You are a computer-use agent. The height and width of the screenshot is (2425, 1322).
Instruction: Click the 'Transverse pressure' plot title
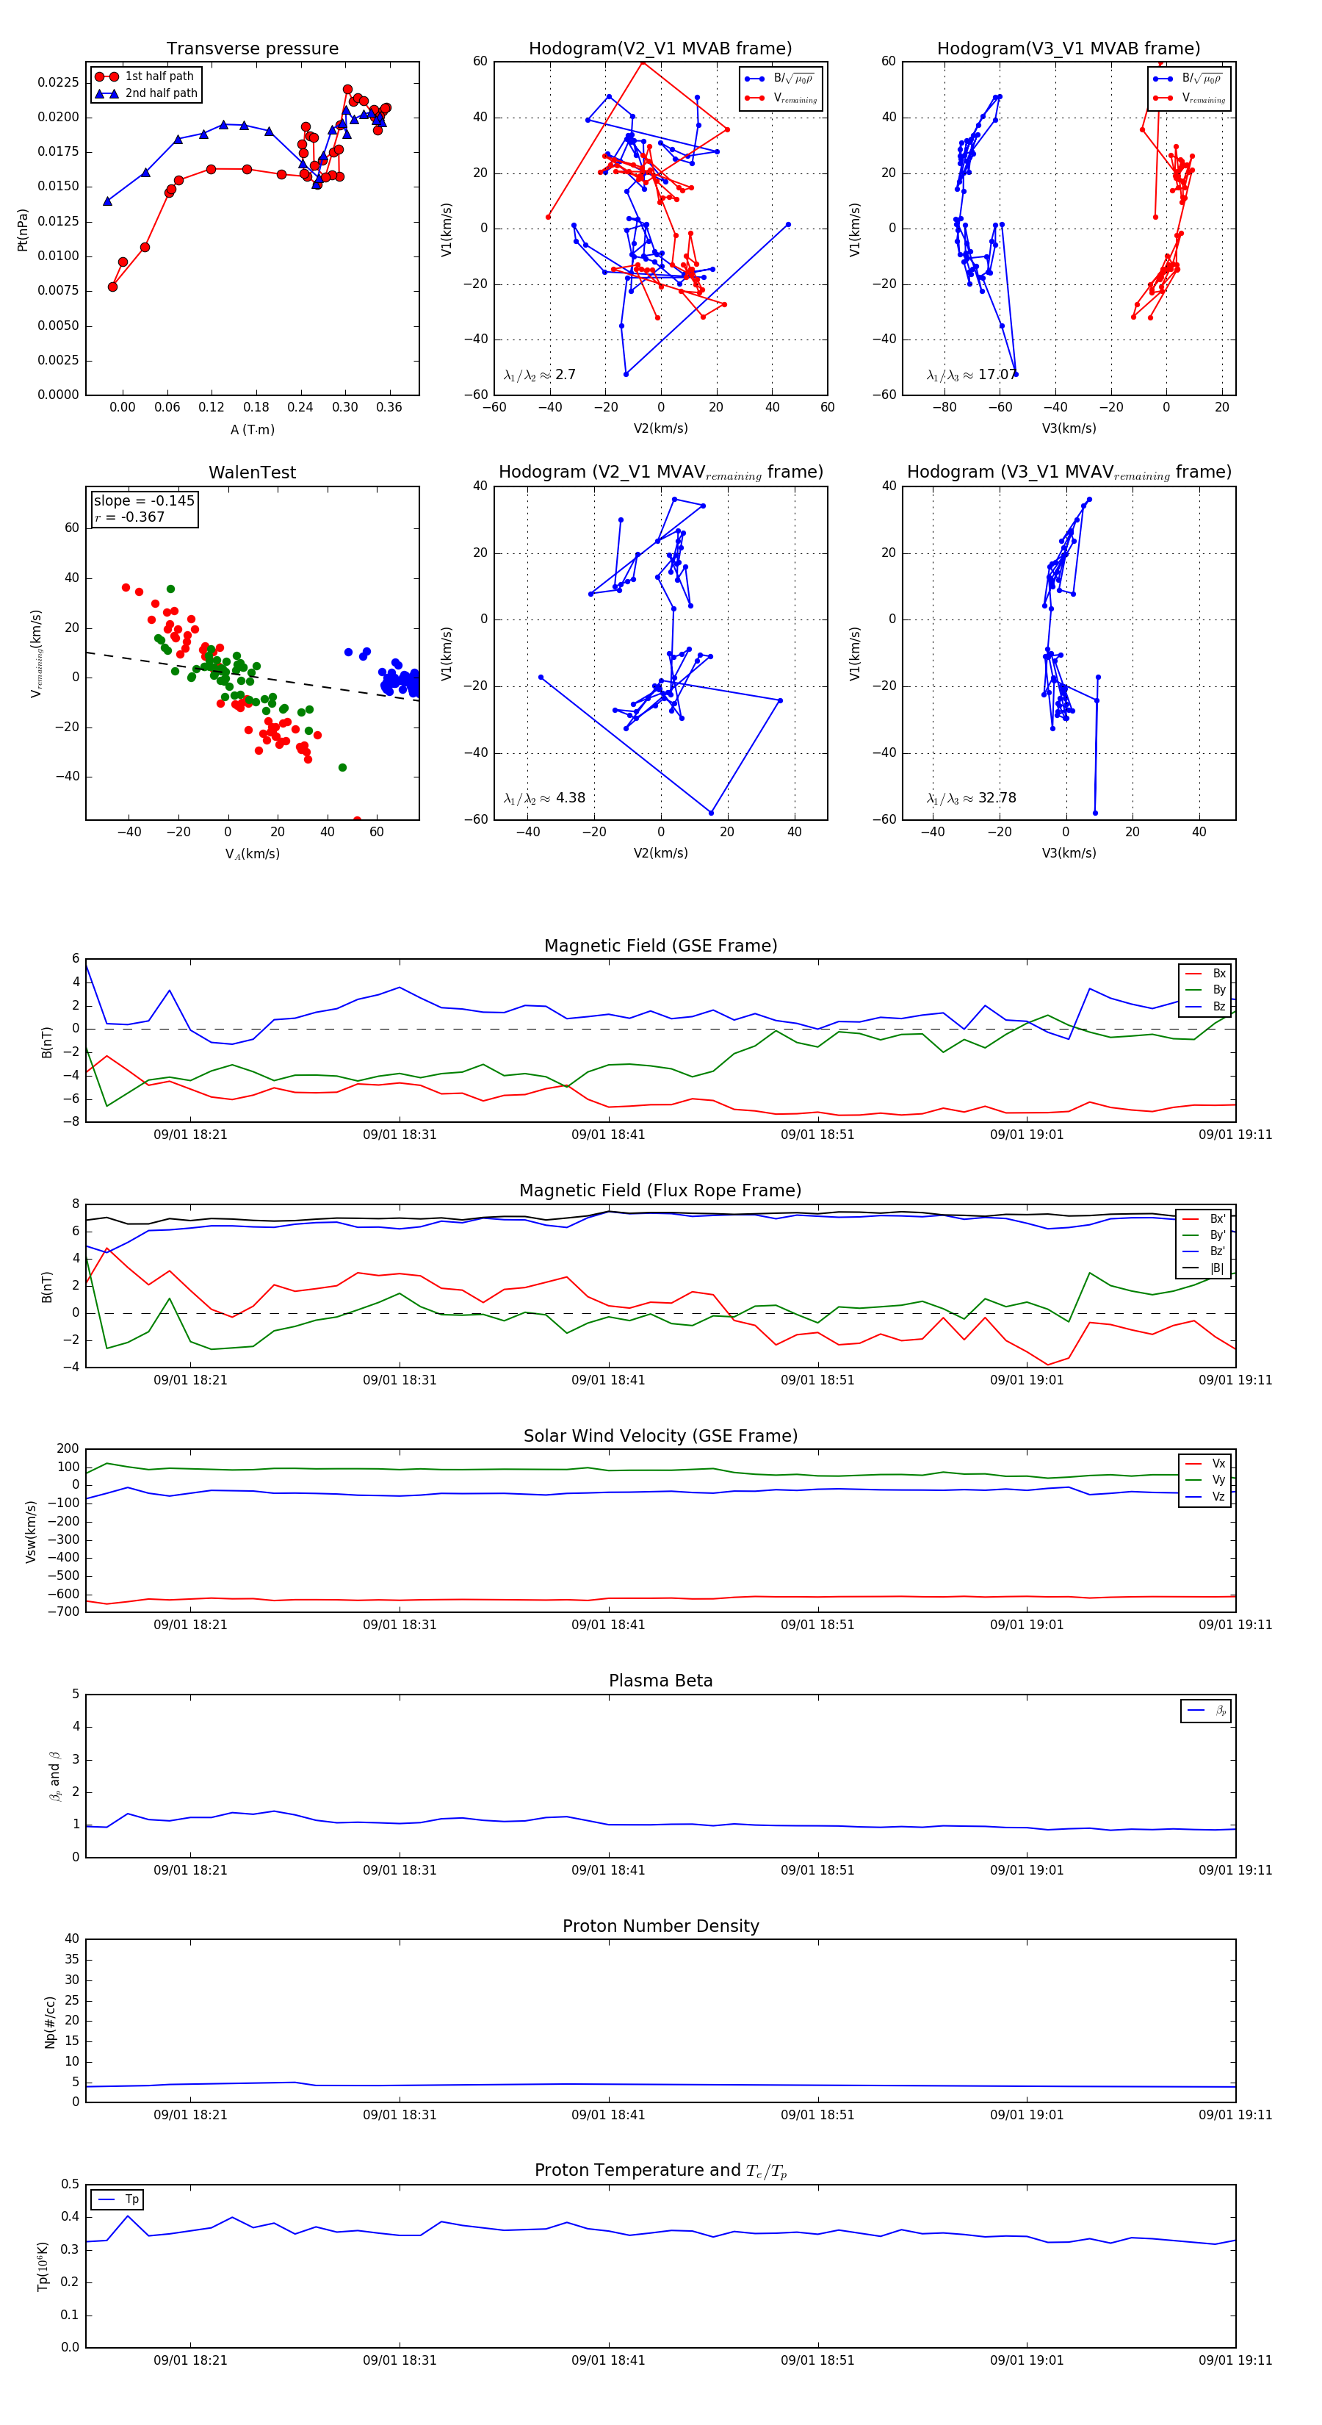click(x=252, y=49)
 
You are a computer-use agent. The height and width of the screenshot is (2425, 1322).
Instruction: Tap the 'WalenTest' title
click(x=252, y=473)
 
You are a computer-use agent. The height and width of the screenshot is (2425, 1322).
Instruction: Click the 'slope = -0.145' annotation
click(x=144, y=501)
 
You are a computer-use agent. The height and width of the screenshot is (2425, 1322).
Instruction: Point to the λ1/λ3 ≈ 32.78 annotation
click(x=971, y=798)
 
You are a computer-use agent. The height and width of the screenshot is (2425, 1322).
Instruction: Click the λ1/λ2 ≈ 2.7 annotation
click(x=539, y=375)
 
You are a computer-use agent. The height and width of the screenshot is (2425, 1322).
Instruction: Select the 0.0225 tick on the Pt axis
click(x=58, y=83)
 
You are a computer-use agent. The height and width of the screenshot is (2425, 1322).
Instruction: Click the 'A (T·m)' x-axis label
click(x=252, y=430)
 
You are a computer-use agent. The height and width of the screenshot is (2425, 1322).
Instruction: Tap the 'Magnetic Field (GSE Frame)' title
click(x=660, y=946)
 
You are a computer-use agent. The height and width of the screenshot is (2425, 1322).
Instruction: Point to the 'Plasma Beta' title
click(x=660, y=1681)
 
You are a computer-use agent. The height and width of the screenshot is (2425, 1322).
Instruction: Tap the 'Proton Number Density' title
click(x=660, y=1926)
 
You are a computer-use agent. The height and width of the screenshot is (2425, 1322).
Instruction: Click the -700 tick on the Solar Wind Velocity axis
click(x=66, y=1612)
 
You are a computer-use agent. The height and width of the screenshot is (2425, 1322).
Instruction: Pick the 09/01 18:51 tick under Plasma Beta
click(x=817, y=1870)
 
